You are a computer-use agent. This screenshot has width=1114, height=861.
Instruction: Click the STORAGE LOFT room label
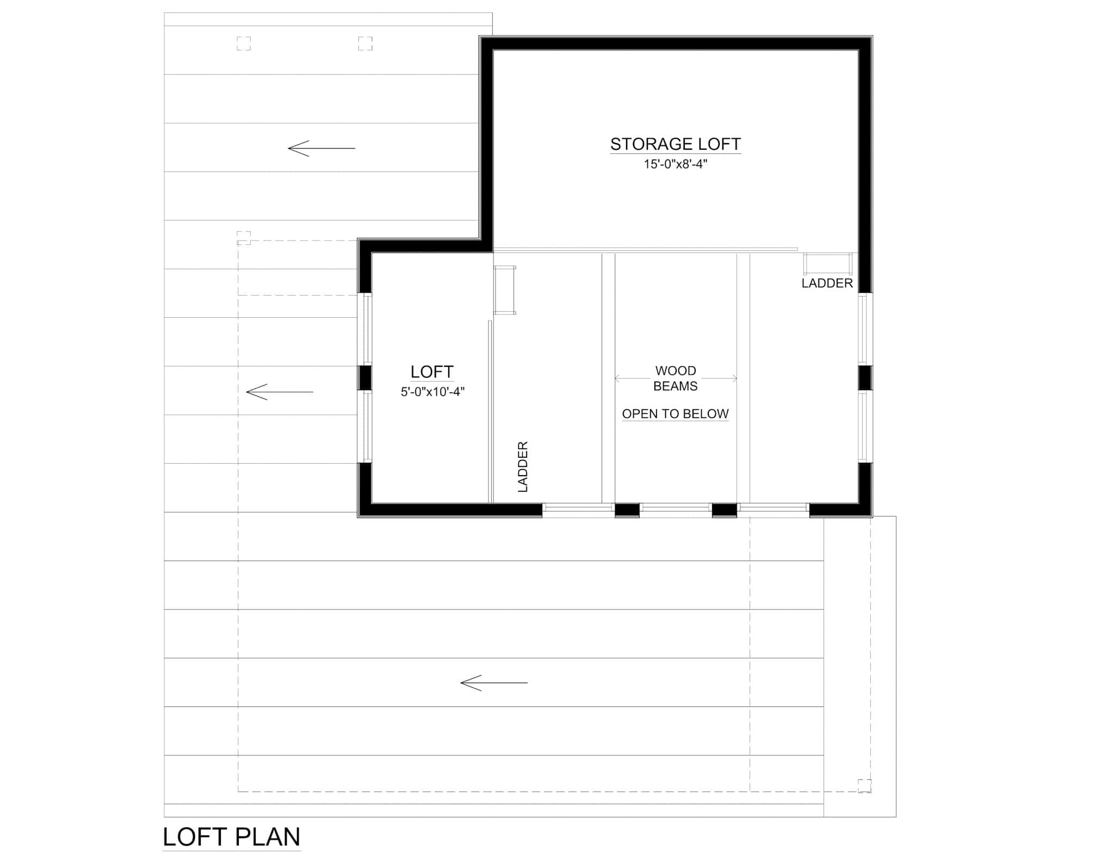pos(675,144)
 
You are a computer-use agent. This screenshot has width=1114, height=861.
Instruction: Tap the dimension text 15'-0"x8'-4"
pos(675,164)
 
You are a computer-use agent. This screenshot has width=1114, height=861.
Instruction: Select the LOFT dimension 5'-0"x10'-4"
pos(432,392)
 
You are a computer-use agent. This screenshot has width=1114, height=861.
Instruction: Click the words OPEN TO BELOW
pos(675,414)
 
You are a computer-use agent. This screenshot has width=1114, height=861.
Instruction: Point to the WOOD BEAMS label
pos(675,378)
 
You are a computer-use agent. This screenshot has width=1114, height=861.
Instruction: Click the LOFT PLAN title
pos(231,837)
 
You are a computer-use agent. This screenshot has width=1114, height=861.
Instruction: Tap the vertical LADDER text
pos(523,467)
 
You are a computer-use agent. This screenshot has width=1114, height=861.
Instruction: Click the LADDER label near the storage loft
pos(827,283)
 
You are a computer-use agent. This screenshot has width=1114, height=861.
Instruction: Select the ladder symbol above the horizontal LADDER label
pos(827,263)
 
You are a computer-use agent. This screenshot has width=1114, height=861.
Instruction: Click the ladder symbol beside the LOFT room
pos(504,290)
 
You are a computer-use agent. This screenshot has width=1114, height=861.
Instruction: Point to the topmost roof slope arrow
pos(321,148)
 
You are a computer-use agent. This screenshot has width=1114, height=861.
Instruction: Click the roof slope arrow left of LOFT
pos(279,392)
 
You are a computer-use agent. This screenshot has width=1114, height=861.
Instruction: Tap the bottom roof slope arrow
pos(493,682)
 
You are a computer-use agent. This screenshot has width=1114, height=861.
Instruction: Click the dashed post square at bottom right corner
pos(864,786)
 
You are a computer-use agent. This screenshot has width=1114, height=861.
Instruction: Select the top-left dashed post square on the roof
pos(244,44)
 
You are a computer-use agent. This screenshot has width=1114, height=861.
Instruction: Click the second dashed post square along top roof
pos(365,44)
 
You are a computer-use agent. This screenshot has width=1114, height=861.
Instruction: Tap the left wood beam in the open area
pos(608,378)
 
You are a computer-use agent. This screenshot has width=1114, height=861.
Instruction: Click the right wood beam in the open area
pos(743,378)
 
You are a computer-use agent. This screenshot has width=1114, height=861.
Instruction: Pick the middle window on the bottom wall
pos(675,508)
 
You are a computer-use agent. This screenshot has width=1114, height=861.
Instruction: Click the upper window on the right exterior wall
pos(865,329)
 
